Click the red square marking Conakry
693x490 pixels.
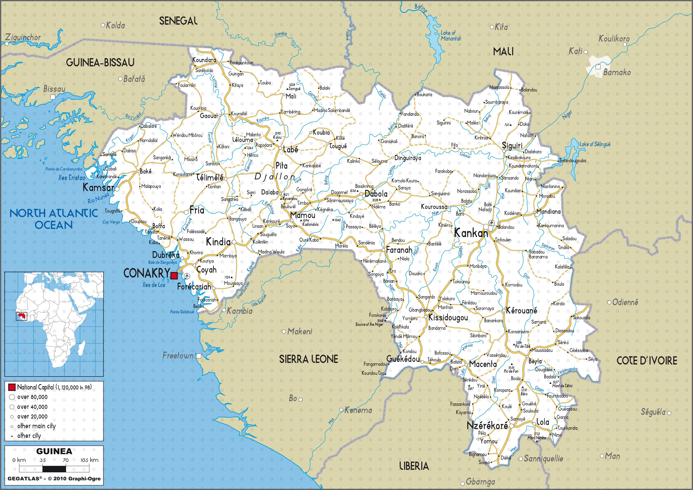coord(174,275)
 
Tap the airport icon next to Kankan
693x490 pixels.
coord(492,223)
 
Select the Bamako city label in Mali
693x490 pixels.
coord(617,73)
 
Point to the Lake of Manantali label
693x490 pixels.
coord(451,36)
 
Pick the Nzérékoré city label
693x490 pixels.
coord(487,425)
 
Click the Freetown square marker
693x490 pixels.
coord(199,356)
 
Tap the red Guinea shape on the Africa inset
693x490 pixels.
coord(22,316)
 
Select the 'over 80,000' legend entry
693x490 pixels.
coord(32,397)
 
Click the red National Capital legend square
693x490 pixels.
coord(12,387)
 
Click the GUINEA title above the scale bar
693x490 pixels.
coord(54,451)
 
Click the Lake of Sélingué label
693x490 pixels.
coord(595,144)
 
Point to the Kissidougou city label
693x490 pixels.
coord(448,318)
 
